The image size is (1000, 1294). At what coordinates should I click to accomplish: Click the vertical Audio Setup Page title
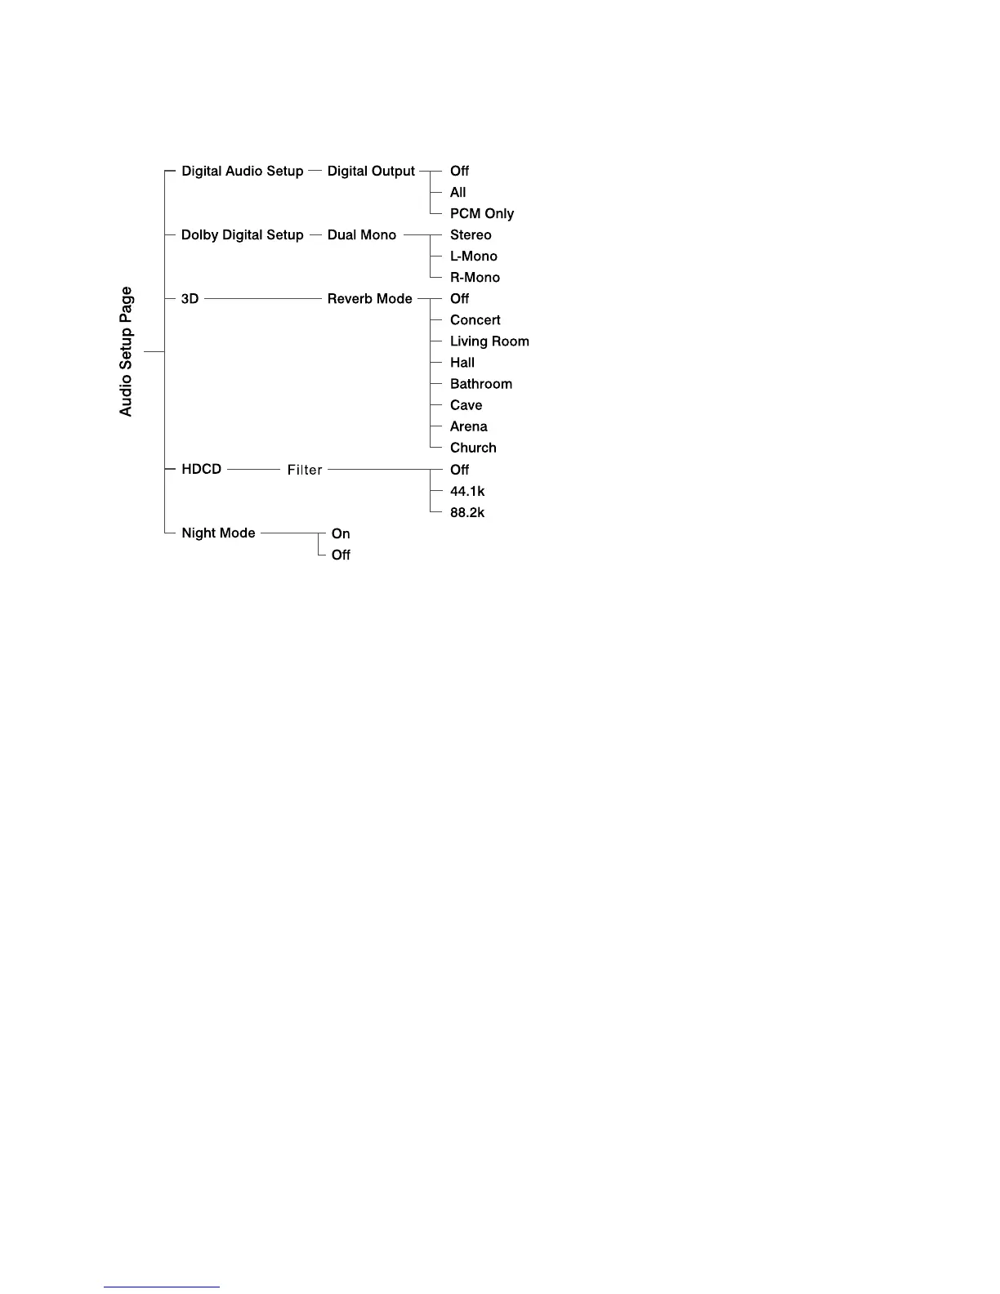click(x=126, y=351)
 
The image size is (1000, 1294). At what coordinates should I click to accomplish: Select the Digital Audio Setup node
click(x=242, y=172)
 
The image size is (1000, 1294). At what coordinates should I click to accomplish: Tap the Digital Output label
click(x=371, y=172)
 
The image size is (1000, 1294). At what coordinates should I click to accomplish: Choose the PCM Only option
click(x=481, y=214)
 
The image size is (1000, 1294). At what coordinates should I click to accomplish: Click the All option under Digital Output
click(x=458, y=193)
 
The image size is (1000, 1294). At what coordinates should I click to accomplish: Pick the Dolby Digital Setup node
click(x=242, y=235)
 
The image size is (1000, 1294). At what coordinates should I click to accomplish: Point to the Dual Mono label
click(x=361, y=235)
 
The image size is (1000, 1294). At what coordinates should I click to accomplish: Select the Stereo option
click(x=471, y=235)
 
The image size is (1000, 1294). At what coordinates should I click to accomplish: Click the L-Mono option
click(x=473, y=257)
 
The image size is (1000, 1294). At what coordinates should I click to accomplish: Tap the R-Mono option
click(x=475, y=278)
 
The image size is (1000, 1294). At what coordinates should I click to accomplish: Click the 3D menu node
click(x=190, y=299)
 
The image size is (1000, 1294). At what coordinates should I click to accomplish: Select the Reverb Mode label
click(x=369, y=299)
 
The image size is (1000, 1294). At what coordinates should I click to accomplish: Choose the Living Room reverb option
click(x=489, y=341)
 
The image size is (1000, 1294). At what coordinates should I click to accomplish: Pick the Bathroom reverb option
click(x=480, y=384)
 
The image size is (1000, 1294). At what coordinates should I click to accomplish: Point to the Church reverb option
click(x=473, y=448)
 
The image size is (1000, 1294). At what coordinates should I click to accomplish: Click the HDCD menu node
click(x=201, y=470)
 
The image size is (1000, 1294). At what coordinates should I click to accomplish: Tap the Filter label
click(x=305, y=470)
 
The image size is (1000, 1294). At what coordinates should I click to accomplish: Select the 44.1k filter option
click(x=467, y=491)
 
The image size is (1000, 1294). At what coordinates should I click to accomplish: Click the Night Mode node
click(x=218, y=533)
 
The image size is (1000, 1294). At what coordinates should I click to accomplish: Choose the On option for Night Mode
click(x=341, y=533)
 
